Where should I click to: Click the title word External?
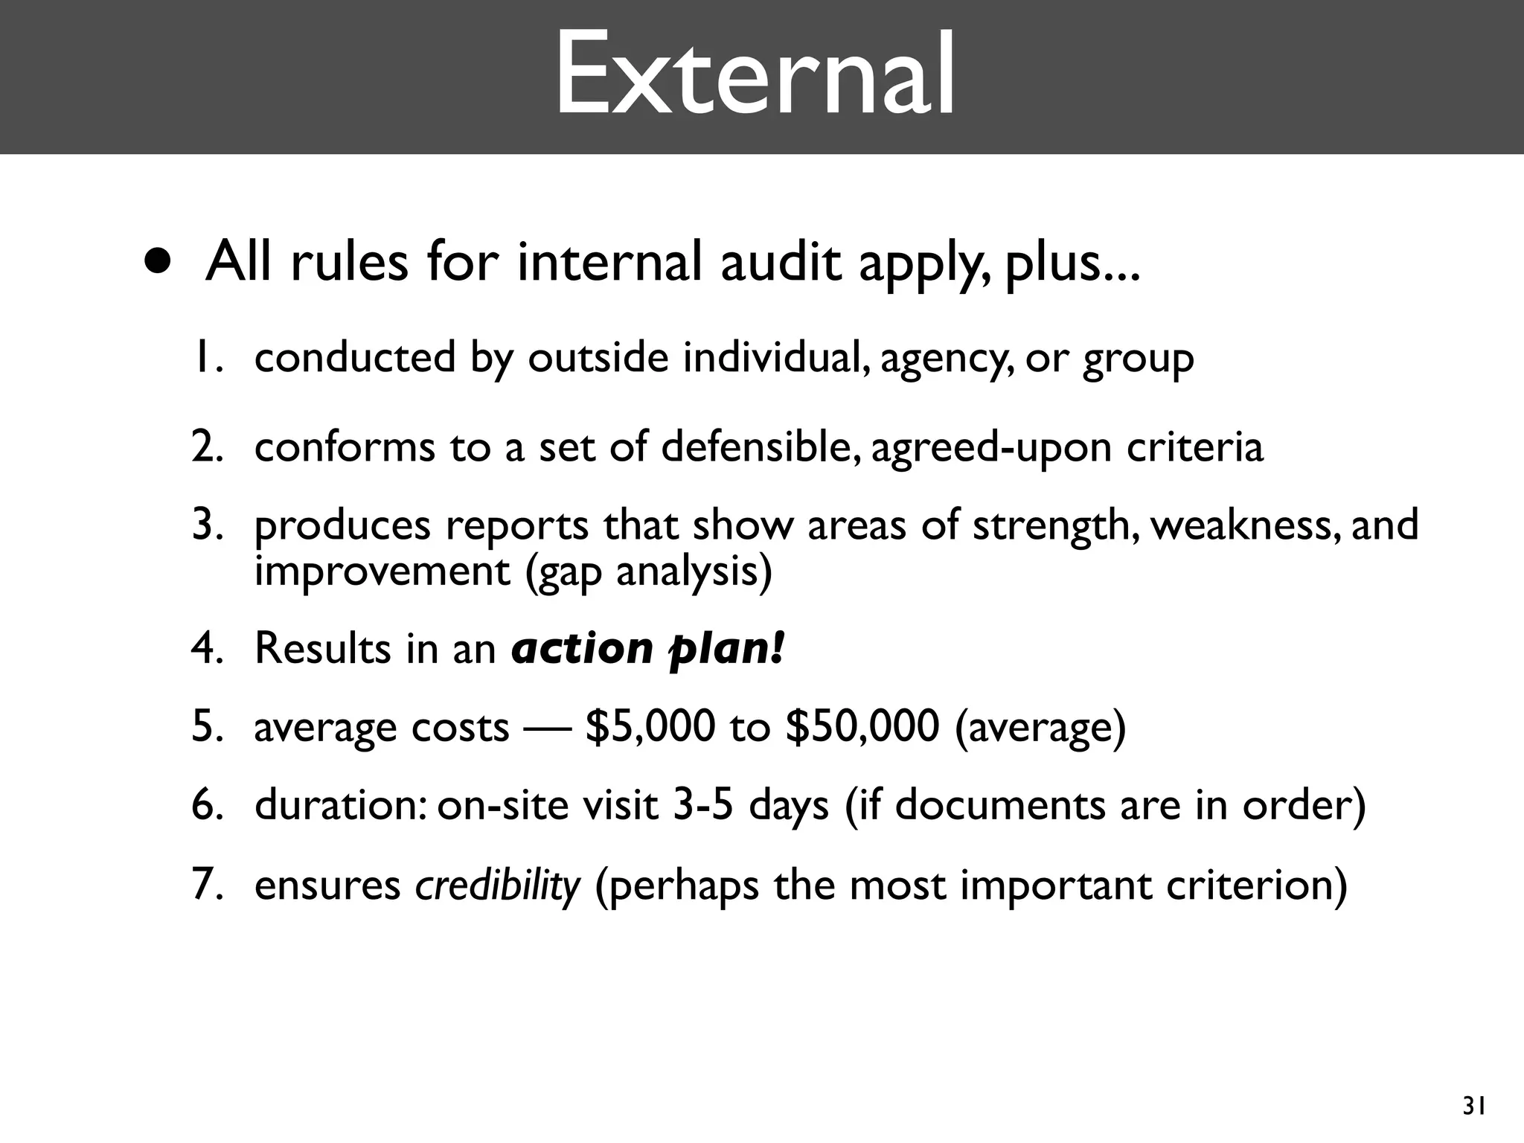[755, 75]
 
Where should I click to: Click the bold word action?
[582, 648]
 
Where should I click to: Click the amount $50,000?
[862, 726]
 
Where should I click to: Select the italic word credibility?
[497, 886]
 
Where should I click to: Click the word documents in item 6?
[1000, 805]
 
